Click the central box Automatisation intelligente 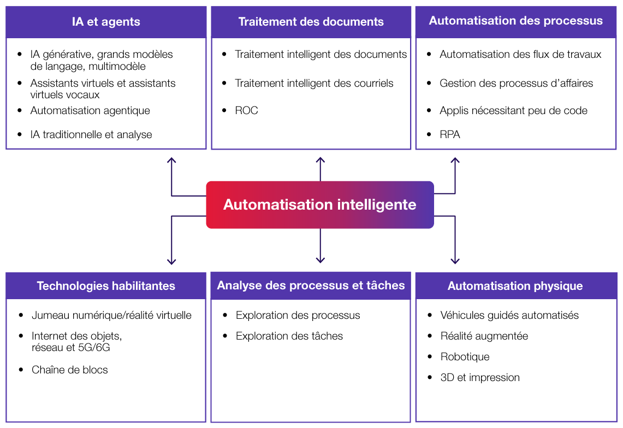point(320,205)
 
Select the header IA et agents point(106,22)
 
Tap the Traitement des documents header point(311,22)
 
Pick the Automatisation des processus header point(515,21)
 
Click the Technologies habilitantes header point(106,286)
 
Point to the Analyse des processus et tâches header point(311,286)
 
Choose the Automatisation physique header point(515,286)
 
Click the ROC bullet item point(246,110)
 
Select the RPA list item point(450,134)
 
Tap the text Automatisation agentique point(90,110)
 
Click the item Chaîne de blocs point(70,370)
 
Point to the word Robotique point(465,356)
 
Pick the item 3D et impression point(480,377)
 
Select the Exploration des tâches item point(289,336)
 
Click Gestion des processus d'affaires point(516,83)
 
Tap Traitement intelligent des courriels point(314,83)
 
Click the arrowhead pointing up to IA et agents point(171,160)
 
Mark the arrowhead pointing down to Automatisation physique point(455,261)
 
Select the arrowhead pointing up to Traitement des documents point(321,160)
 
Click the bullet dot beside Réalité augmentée point(430,336)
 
